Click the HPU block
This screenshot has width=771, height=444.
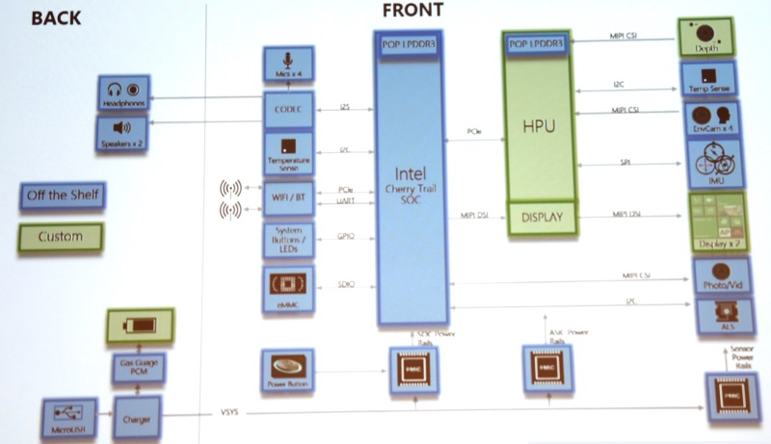click(545, 126)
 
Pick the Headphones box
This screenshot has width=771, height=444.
click(124, 95)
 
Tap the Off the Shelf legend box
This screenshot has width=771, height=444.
click(60, 196)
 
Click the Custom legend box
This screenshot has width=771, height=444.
click(60, 235)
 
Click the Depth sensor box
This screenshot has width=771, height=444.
click(710, 39)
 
